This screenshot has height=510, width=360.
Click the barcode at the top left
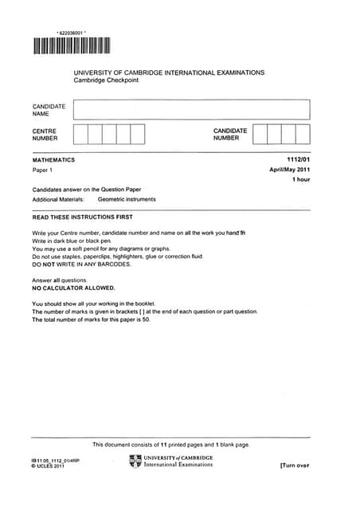(x=71, y=45)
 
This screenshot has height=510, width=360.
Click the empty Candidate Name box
(x=190, y=109)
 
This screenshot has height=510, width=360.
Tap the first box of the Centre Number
(x=80, y=134)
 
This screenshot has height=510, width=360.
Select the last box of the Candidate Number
(x=302, y=134)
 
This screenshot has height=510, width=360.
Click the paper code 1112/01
(x=297, y=159)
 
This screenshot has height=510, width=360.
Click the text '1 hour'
(x=300, y=180)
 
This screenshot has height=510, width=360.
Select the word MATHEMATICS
(x=53, y=159)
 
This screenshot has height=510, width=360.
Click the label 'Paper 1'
(x=44, y=171)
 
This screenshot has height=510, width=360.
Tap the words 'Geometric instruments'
(x=127, y=199)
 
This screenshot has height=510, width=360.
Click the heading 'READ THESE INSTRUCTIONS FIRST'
(x=82, y=217)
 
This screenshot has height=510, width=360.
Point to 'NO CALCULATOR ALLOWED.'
(x=73, y=288)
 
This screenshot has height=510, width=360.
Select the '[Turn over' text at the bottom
(x=294, y=465)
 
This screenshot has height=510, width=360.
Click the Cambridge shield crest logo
(x=135, y=461)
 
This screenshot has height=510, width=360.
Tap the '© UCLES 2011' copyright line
(x=49, y=465)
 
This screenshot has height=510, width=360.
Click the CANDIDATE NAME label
(x=49, y=109)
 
